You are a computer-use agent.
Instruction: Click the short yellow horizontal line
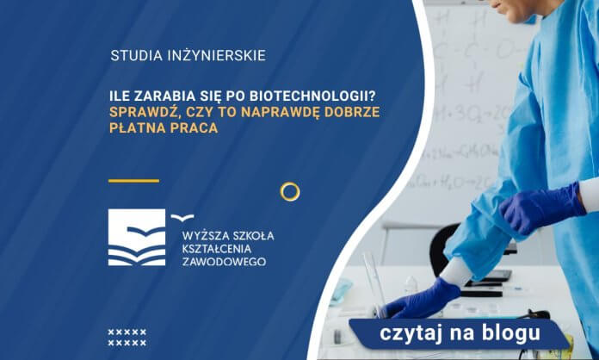click(x=133, y=181)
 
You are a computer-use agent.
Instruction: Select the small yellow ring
click(x=290, y=191)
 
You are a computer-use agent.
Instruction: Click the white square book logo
click(x=136, y=237)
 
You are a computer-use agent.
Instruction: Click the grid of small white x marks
click(x=127, y=337)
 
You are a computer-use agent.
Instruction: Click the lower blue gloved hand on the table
click(x=423, y=300)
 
